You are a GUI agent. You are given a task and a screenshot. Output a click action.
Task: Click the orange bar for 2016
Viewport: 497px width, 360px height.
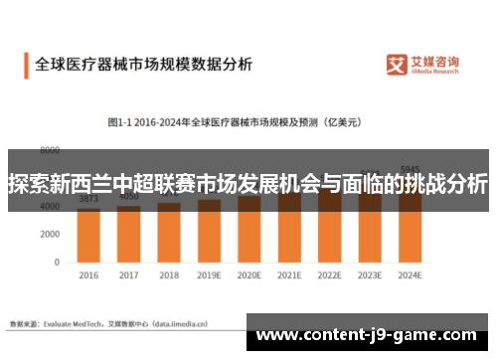click(88, 234)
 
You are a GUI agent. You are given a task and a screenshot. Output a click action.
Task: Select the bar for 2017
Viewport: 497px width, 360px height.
click(129, 233)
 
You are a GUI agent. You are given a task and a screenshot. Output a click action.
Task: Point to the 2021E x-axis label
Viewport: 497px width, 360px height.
click(290, 275)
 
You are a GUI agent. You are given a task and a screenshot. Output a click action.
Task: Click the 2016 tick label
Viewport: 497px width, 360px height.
click(88, 275)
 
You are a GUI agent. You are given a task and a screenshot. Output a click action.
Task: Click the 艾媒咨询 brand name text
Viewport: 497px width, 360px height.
click(437, 62)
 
